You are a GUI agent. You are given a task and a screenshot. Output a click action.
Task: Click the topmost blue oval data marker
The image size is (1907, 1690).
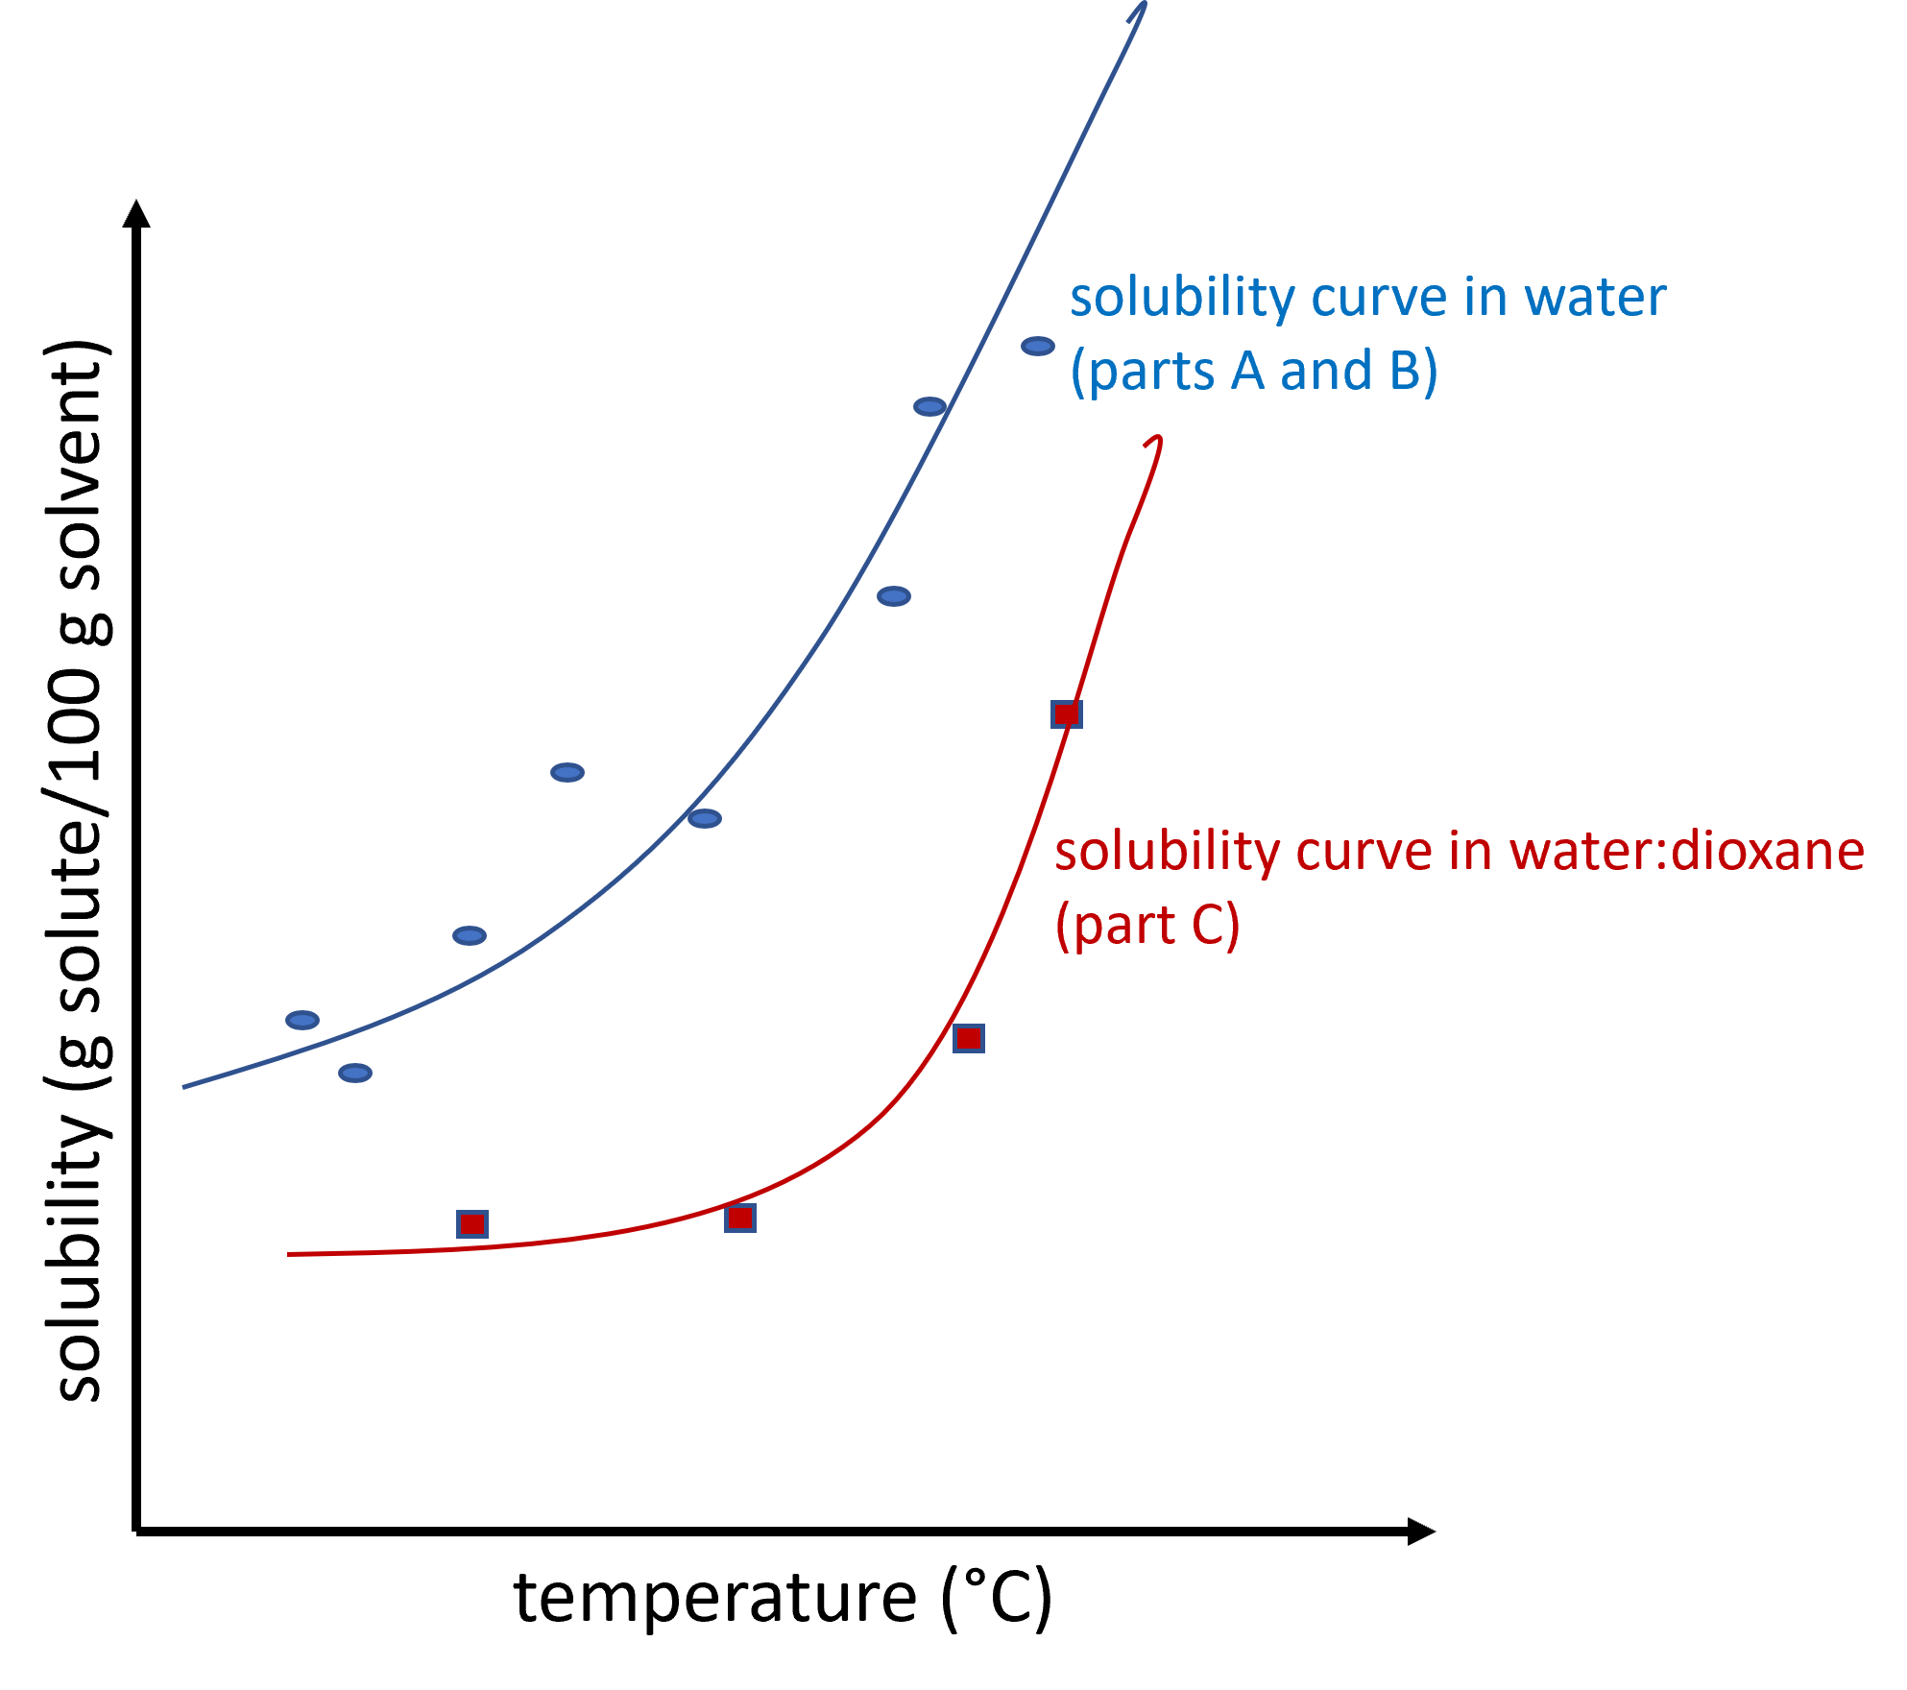[1038, 346]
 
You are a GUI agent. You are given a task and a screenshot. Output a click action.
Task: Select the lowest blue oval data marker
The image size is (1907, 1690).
[355, 1073]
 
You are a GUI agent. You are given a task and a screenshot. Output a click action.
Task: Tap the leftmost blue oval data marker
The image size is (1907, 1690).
[302, 1020]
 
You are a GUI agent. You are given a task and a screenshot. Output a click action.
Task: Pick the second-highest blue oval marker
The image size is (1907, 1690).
[929, 406]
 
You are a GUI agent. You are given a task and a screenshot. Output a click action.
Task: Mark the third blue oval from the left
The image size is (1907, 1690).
[470, 935]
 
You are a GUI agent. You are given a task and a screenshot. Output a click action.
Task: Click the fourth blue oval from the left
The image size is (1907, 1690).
[567, 772]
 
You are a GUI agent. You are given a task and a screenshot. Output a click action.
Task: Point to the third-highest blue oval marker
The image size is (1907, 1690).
[894, 596]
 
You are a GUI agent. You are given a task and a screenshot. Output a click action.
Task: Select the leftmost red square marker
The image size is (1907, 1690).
[472, 1224]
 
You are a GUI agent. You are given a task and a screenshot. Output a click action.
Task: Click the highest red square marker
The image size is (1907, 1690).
[1067, 713]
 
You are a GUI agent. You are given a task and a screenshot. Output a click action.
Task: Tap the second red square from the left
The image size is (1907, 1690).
[740, 1218]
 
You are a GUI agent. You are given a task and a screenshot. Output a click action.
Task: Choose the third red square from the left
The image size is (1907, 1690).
[969, 1038]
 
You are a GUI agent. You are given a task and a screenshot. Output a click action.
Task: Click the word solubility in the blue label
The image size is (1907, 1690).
[1183, 299]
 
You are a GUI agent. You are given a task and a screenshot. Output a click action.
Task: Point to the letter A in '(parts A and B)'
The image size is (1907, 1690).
[1247, 371]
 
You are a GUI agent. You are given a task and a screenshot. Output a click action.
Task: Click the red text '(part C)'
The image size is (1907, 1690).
[1147, 926]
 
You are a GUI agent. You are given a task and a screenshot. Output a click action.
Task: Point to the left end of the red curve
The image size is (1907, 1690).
[290, 1254]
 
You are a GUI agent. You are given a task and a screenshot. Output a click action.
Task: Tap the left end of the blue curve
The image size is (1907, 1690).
[184, 1087]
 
